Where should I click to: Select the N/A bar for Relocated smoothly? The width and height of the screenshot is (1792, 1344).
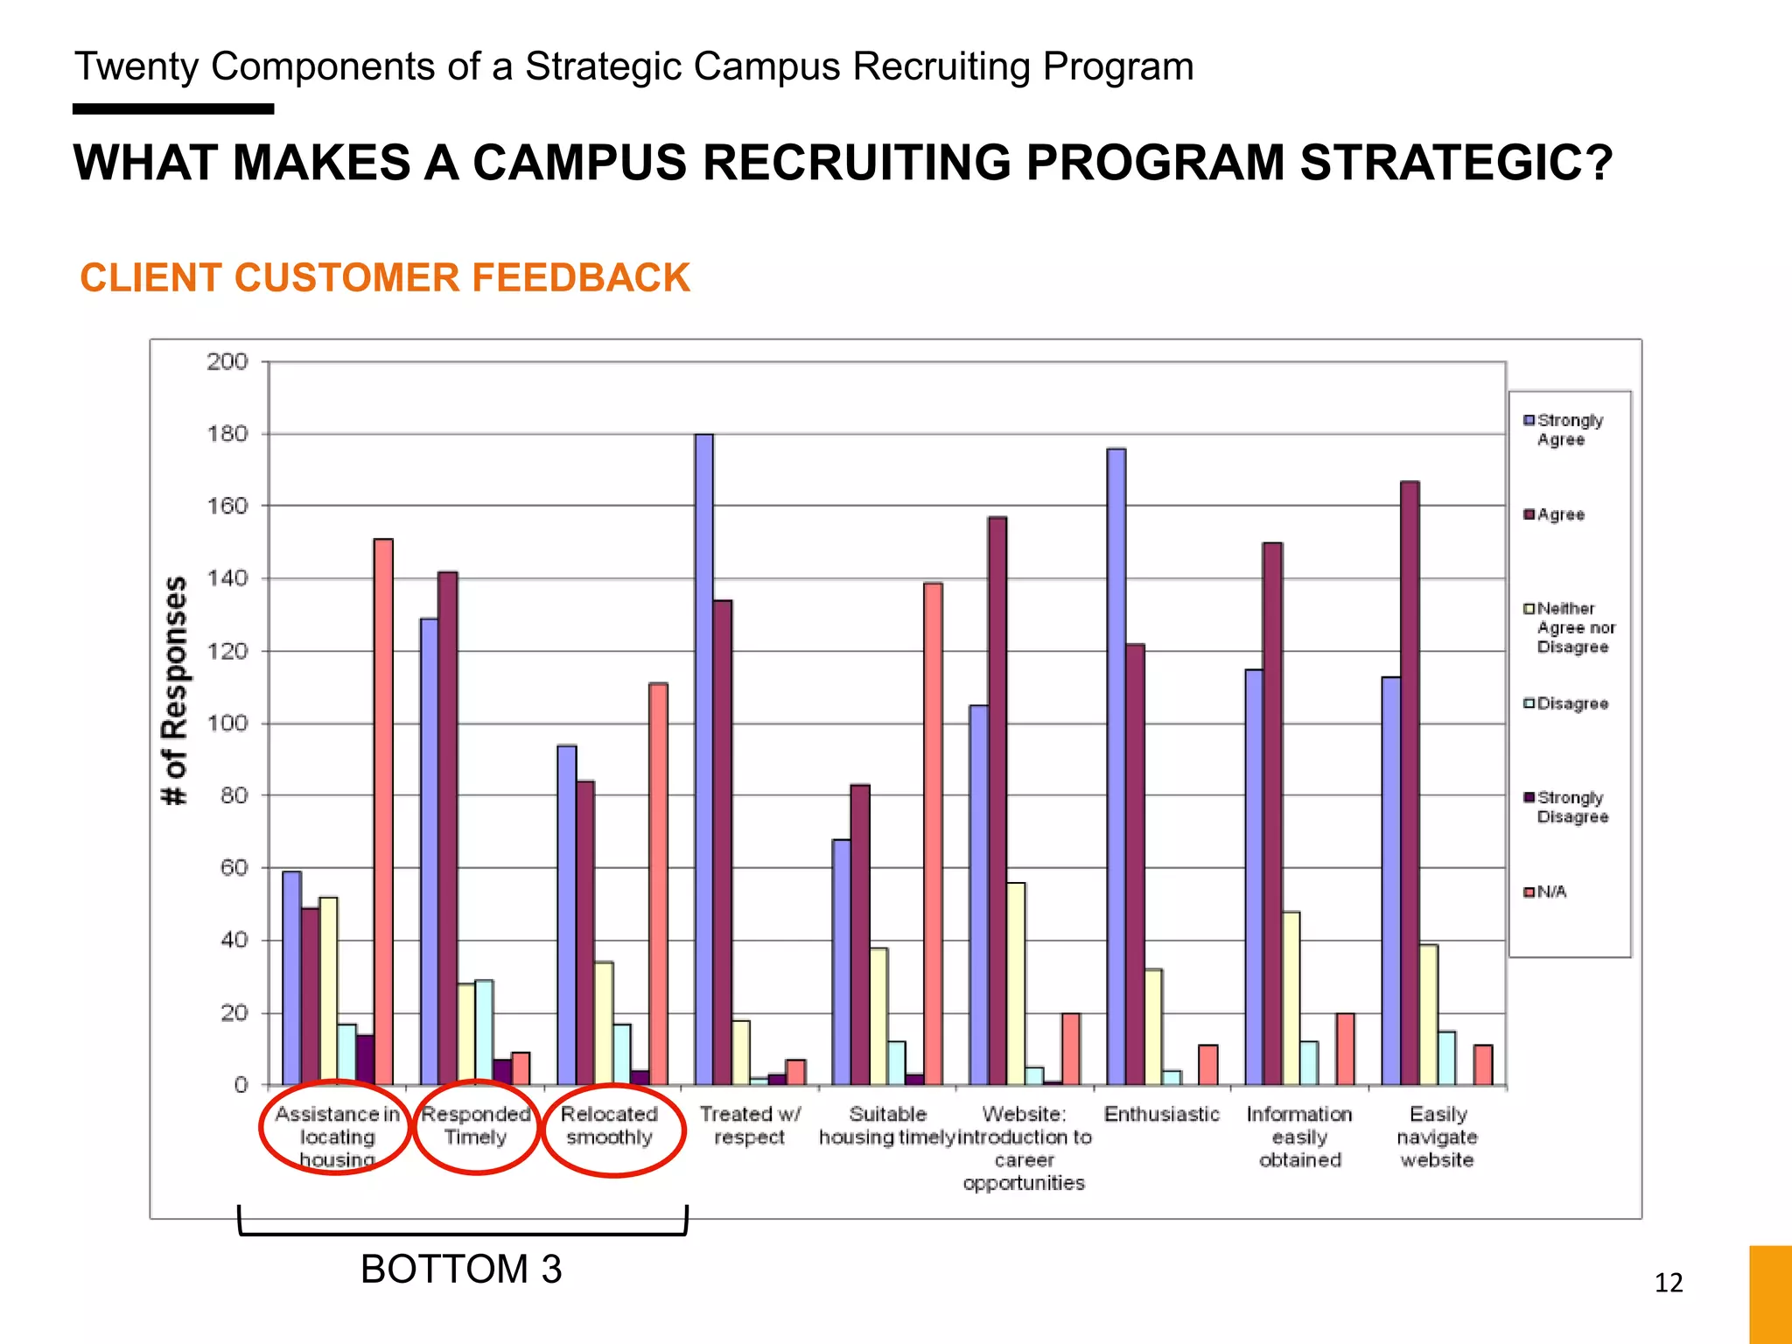pyautogui.click(x=658, y=884)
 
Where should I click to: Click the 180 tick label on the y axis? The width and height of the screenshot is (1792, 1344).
pyautogui.click(x=227, y=434)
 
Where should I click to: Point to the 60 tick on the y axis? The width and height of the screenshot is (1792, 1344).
pyautogui.click(x=234, y=868)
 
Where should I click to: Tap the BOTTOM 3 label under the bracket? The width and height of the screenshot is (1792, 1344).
pyautogui.click(x=461, y=1269)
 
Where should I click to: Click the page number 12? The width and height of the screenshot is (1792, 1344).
pyautogui.click(x=1669, y=1283)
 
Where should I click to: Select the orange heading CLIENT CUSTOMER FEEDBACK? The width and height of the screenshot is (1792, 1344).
pyautogui.click(x=385, y=278)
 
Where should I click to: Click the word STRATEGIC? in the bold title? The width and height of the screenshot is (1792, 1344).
pyautogui.click(x=1455, y=164)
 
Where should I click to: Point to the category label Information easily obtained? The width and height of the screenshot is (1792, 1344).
pyautogui.click(x=1299, y=1137)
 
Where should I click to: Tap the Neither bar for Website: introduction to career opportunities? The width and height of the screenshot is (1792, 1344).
pyautogui.click(x=1015, y=984)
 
